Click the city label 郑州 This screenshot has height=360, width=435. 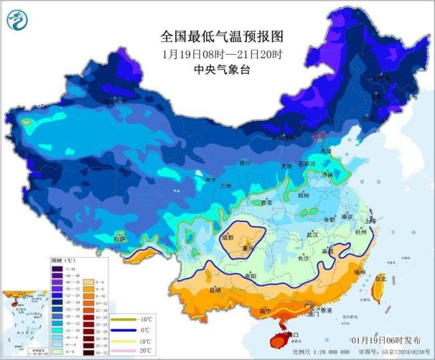tap(303, 195)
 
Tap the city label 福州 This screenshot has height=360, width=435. tap(360, 272)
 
